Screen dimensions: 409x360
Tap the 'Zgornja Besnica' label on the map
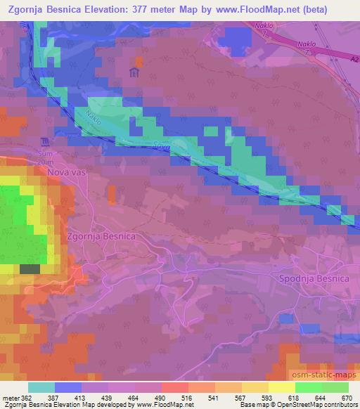point(101,237)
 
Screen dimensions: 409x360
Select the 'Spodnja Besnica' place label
point(314,279)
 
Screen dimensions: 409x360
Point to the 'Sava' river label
point(160,146)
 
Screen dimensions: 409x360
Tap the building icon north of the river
point(134,72)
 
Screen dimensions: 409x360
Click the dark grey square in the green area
point(30,269)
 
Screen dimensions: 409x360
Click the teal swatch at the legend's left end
point(41,387)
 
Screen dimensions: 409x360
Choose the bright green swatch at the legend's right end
point(335,387)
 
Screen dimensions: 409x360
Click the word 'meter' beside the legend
point(9,397)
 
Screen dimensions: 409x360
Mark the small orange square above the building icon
point(139,60)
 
